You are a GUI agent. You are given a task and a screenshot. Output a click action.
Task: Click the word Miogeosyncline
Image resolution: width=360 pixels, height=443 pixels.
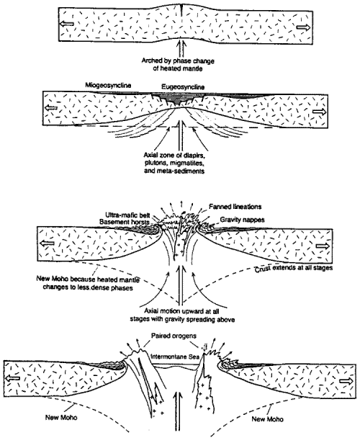(x=108, y=85)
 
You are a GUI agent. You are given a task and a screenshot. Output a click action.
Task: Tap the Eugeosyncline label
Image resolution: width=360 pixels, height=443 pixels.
(x=183, y=86)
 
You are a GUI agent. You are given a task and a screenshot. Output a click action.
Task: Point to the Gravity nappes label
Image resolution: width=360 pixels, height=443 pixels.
(x=242, y=220)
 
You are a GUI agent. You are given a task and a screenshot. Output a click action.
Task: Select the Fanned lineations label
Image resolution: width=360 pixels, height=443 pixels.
(x=235, y=207)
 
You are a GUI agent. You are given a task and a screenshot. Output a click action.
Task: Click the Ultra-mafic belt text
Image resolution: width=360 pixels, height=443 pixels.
(x=127, y=215)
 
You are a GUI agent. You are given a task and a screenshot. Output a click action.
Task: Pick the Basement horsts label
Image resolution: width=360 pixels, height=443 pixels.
(x=125, y=222)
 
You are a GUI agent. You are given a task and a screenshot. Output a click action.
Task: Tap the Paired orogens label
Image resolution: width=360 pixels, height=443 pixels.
(x=174, y=336)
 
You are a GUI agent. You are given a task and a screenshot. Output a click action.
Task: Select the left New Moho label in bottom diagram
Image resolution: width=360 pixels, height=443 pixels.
(x=61, y=417)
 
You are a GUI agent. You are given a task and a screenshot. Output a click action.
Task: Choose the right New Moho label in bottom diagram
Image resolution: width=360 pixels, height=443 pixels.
(x=267, y=419)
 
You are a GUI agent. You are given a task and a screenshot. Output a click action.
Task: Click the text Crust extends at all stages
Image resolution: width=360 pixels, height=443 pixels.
(x=294, y=268)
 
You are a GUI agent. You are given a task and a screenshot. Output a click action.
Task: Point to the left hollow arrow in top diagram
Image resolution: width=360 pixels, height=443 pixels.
(x=67, y=24)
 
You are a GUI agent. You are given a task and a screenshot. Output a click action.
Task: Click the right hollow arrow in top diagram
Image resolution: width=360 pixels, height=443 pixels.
(x=304, y=27)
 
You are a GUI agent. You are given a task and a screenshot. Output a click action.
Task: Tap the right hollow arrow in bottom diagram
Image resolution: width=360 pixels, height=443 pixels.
(x=346, y=381)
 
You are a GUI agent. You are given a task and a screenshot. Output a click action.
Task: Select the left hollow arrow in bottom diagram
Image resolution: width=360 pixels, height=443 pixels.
(x=13, y=377)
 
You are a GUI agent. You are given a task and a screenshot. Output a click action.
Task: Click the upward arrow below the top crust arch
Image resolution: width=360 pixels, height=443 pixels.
(x=181, y=48)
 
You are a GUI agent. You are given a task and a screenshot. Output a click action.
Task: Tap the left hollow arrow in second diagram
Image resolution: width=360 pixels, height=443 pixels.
(x=51, y=107)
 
